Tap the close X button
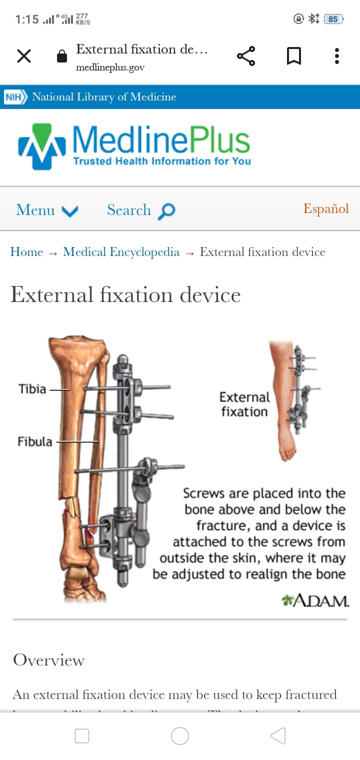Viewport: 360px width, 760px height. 23,56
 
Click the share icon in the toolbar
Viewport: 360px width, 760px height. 246,56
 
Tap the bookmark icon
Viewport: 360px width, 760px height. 293,56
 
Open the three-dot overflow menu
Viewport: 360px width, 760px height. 336,56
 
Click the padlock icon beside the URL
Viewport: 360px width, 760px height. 62,56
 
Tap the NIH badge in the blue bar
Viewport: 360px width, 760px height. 15,97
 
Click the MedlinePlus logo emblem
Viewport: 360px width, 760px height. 42,146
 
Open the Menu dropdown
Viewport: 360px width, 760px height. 47,210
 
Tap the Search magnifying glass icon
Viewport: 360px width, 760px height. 166,211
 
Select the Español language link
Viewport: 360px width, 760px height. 326,209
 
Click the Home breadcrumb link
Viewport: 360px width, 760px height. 26,252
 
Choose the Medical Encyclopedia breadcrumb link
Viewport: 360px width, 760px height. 121,252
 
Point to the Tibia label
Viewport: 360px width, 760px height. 32,389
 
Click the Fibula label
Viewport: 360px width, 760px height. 35,441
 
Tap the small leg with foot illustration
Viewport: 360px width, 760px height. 288,400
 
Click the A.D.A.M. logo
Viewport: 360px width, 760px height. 315,600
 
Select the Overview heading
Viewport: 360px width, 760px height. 48,660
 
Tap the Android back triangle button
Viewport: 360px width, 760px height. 278,735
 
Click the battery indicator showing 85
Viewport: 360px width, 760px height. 333,19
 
